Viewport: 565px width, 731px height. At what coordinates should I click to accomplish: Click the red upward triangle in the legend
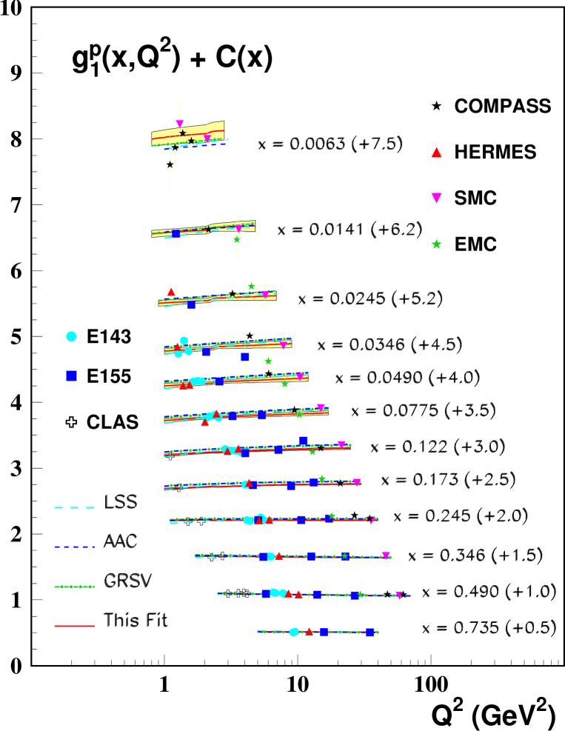tap(436, 153)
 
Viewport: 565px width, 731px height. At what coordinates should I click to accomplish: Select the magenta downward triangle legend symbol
tap(436, 198)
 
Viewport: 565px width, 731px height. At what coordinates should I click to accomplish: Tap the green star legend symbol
tap(436, 244)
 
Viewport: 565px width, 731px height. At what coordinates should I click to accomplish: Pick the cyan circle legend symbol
tap(71, 336)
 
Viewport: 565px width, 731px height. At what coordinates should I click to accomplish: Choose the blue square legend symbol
tap(71, 376)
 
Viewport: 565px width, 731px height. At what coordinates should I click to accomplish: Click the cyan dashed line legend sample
tap(74, 507)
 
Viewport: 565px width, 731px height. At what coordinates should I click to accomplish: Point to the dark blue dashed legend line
tap(74, 547)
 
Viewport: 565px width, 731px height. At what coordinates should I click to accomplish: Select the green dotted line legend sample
tap(74, 587)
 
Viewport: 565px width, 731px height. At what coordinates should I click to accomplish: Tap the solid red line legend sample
tap(74, 626)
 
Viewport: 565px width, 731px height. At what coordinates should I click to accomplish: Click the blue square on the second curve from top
tap(175, 234)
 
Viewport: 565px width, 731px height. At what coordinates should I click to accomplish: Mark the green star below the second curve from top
tap(237, 239)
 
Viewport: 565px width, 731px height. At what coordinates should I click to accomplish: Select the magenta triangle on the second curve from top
tap(238, 230)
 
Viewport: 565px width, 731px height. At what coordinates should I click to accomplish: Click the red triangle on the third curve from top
tap(171, 292)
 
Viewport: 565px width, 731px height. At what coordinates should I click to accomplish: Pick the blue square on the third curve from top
tap(191, 304)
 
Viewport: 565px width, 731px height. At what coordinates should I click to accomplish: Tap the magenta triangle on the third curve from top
tap(265, 294)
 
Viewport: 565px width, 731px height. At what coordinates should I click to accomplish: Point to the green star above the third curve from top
tap(252, 287)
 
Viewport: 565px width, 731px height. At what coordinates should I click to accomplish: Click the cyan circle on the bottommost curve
tap(294, 632)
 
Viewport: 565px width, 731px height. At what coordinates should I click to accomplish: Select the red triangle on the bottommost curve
tap(309, 631)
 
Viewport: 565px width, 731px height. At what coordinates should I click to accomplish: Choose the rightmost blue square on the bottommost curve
tap(370, 632)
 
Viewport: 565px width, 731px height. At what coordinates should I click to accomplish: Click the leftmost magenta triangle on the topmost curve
tap(180, 124)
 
